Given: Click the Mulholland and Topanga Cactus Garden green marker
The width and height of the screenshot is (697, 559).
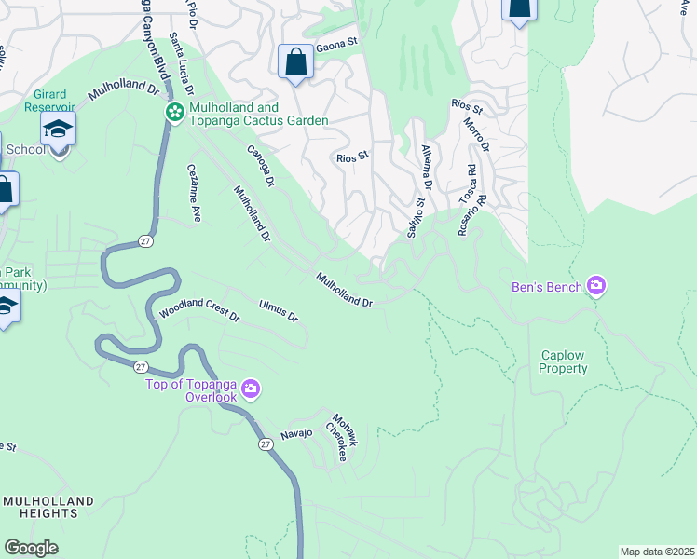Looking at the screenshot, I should (x=174, y=112).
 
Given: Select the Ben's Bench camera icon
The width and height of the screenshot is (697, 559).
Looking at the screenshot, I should (x=596, y=286).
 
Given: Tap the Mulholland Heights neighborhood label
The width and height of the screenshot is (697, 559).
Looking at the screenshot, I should (x=48, y=507).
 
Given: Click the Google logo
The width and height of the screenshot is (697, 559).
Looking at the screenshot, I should (x=31, y=548).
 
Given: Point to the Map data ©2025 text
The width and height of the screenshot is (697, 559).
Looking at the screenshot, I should (x=656, y=551).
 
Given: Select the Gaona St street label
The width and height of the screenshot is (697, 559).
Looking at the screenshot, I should (x=337, y=43).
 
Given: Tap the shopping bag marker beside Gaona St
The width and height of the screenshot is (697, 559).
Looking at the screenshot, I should (x=295, y=62).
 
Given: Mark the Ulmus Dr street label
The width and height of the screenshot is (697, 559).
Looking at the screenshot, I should (x=279, y=311).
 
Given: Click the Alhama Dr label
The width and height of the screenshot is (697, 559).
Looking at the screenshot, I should (x=427, y=165).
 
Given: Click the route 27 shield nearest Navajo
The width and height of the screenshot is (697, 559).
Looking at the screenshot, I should (x=266, y=445).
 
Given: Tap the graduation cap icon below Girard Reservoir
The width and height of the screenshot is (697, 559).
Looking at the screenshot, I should (x=58, y=129).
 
